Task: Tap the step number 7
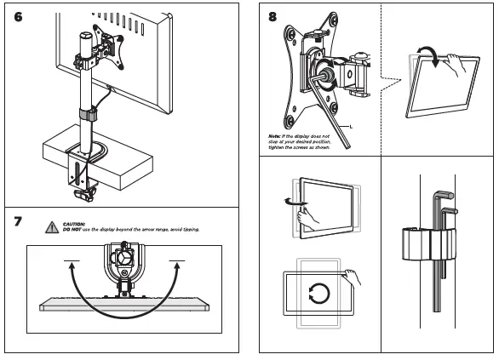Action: point(18,223)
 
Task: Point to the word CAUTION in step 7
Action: point(75,224)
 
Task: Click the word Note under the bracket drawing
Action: point(274,135)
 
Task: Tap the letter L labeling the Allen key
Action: point(352,124)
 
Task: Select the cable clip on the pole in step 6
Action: point(86,114)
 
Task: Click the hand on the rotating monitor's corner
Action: point(350,277)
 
